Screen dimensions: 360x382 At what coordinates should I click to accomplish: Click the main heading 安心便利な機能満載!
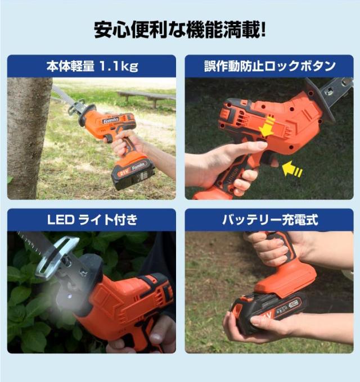point(180,30)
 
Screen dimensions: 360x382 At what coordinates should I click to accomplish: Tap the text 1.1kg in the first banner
point(119,66)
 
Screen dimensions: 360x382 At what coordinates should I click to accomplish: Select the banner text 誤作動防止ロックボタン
point(270,66)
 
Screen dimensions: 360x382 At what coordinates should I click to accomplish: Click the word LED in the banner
point(61,220)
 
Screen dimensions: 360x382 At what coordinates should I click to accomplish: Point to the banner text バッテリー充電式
point(270,220)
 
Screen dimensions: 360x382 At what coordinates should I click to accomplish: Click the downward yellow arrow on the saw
point(266,126)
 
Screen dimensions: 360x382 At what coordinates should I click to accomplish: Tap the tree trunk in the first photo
point(28,138)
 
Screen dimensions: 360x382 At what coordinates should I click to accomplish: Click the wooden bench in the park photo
point(146,98)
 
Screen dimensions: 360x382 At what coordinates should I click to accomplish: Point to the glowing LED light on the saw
point(70,296)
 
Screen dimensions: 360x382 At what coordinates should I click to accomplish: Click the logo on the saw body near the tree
point(111,120)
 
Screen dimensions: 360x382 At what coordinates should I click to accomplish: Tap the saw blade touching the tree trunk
point(62,95)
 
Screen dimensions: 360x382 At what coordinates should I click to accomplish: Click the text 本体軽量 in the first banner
point(70,66)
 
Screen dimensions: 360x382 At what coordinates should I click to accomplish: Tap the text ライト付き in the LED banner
point(108,220)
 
